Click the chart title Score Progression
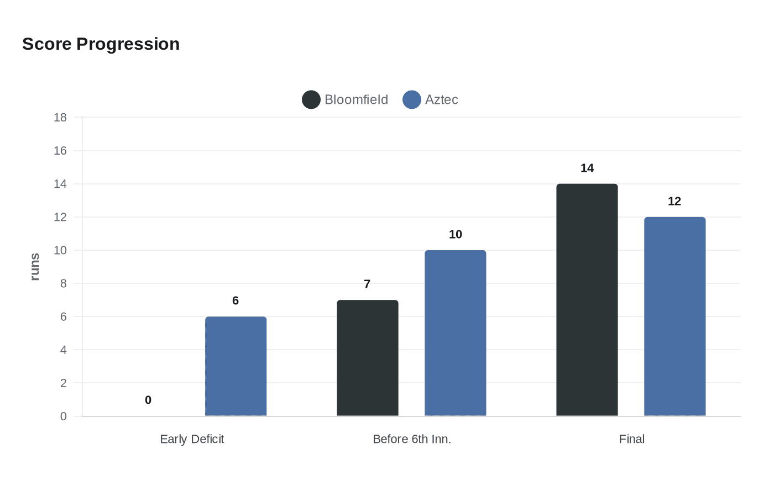point(101,44)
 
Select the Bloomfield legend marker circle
point(311,100)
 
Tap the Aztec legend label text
point(441,100)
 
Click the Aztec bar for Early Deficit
point(236,366)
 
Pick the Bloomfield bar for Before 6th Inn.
point(367,358)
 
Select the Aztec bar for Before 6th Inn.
point(455,333)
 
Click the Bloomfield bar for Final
point(587,300)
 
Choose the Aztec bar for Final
point(674,316)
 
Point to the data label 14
point(587,168)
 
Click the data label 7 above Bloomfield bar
point(367,284)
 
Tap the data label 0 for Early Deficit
point(148,400)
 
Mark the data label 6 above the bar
point(236,301)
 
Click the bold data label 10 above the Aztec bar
point(455,235)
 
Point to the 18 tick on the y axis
point(60,118)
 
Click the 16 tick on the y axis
point(60,151)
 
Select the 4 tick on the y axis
point(64,350)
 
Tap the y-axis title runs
point(35,267)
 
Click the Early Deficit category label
point(192,439)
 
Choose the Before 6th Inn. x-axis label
point(412,439)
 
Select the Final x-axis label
point(631,439)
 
